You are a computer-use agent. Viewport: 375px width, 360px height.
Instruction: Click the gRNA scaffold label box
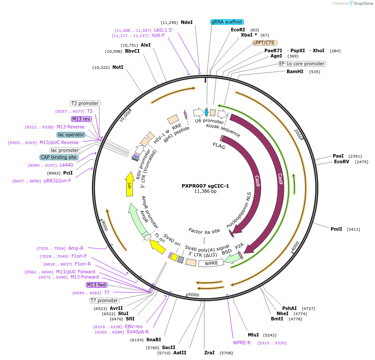(x=226, y=22)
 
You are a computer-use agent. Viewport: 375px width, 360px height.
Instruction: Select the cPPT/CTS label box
(x=264, y=43)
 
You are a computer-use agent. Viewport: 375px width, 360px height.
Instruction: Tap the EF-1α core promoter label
(x=302, y=64)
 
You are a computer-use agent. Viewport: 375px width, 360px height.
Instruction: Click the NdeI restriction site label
(x=186, y=22)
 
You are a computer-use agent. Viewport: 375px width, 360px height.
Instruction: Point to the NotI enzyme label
(x=118, y=67)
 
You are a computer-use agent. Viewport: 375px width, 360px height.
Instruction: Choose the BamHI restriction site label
(x=295, y=71)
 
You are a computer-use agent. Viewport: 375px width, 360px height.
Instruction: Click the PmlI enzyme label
(x=336, y=229)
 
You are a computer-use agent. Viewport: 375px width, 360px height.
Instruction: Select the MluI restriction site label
(x=253, y=335)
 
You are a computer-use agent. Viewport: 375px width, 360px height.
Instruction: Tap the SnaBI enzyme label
(x=153, y=340)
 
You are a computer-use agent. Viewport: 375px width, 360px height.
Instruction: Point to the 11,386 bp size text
(x=205, y=191)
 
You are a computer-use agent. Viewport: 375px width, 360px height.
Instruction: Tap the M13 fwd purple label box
(x=96, y=285)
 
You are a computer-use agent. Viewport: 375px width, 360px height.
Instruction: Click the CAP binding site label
(x=59, y=157)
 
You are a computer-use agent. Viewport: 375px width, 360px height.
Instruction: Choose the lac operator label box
(x=71, y=135)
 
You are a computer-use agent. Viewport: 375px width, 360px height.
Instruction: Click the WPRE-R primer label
(x=242, y=343)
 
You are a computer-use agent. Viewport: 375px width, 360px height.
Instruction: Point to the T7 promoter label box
(x=104, y=300)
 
